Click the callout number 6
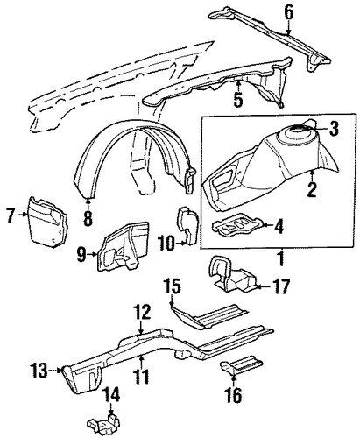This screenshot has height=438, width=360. pyautogui.click(x=288, y=12)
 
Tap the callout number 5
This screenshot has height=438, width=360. pyautogui.click(x=238, y=99)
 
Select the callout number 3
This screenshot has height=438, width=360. pyautogui.click(x=334, y=129)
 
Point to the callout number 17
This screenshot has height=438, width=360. pyautogui.click(x=280, y=286)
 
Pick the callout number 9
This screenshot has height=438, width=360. pyautogui.click(x=81, y=254)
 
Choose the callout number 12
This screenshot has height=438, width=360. pyautogui.click(x=142, y=312)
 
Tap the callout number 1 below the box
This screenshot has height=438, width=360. pyautogui.click(x=281, y=258)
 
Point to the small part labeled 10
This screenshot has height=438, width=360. pyautogui.click(x=189, y=225)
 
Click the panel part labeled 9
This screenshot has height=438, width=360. pyautogui.click(x=123, y=247)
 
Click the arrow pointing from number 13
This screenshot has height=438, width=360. pyautogui.click(x=54, y=371)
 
